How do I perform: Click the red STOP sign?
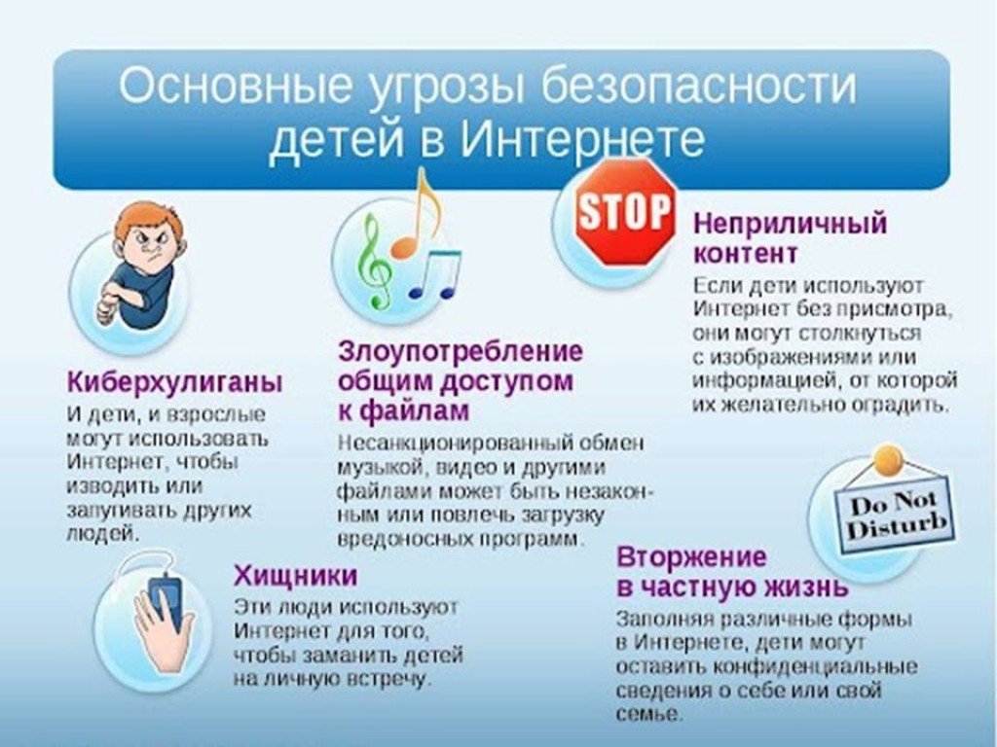pyautogui.click(x=626, y=211)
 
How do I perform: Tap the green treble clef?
pyautogui.click(x=374, y=261)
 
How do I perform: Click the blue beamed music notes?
pyautogui.click(x=435, y=274)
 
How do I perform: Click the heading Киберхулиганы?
pyautogui.click(x=175, y=382)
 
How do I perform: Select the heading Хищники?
pyautogui.click(x=296, y=576)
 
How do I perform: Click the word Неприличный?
pyautogui.click(x=790, y=224)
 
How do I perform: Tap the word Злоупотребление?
pyautogui.click(x=461, y=351)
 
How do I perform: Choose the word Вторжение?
pyautogui.click(x=692, y=557)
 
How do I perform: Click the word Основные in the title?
pyautogui.click(x=234, y=86)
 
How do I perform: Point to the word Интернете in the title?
pyautogui.click(x=582, y=140)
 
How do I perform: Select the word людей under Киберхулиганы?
pyautogui.click(x=101, y=534)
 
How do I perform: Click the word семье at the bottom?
pyautogui.click(x=648, y=714)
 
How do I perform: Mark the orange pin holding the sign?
pyautogui.click(x=888, y=459)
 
